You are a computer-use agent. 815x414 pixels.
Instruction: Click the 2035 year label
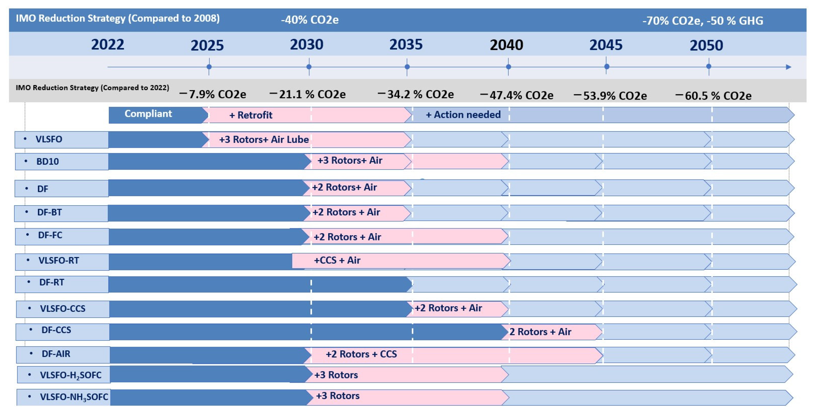coord(406,45)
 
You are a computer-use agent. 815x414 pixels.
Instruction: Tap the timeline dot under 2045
coord(607,66)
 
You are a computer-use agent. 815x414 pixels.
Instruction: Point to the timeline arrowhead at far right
coord(788,67)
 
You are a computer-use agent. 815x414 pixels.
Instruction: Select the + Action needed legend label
coord(463,115)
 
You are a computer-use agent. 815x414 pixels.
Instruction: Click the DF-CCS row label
coord(56,330)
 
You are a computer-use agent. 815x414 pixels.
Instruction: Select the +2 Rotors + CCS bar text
coord(361,354)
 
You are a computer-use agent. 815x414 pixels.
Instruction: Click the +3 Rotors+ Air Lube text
coord(264,140)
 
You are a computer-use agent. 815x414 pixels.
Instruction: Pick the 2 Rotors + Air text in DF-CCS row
coord(540,332)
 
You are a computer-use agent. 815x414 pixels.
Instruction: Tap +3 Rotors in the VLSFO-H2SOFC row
coord(336,375)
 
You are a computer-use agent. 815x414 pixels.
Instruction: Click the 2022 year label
coord(108,45)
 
